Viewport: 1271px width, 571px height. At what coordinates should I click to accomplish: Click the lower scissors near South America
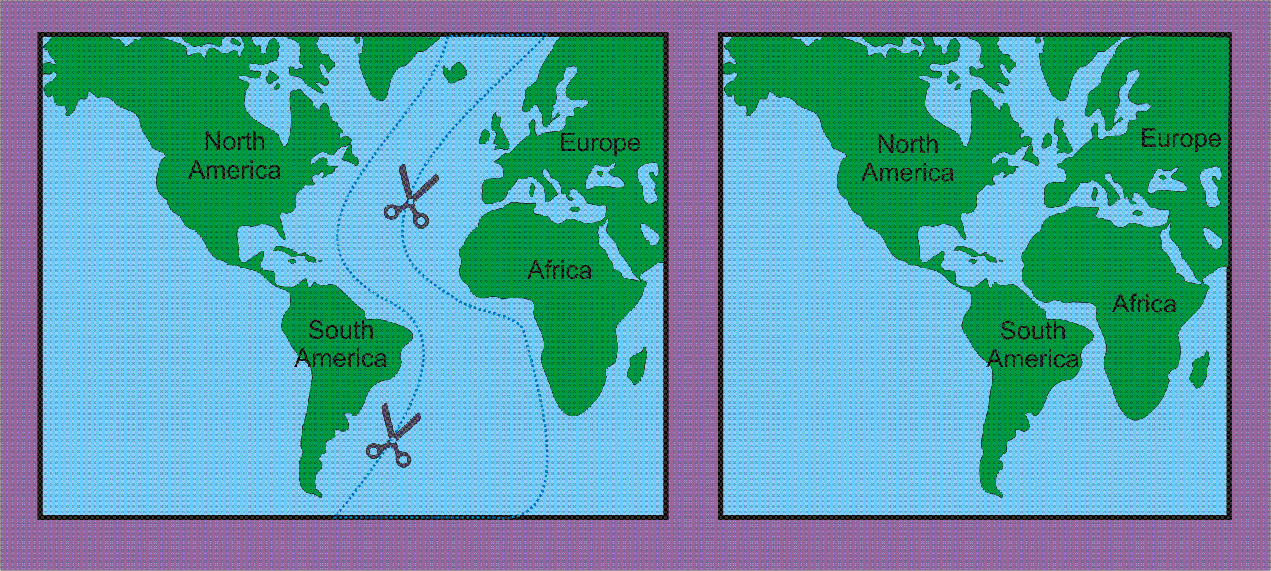(x=392, y=438)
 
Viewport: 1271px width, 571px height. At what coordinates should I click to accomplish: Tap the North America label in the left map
(x=235, y=155)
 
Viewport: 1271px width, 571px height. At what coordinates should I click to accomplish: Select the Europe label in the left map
(x=600, y=142)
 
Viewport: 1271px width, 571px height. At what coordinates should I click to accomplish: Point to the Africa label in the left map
(x=559, y=270)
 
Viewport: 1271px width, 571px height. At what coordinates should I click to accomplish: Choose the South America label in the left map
(x=340, y=344)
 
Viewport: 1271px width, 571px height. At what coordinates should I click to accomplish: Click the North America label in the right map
(x=908, y=158)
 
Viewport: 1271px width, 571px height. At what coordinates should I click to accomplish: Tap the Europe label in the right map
(x=1180, y=139)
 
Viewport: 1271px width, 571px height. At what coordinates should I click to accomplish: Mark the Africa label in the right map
(x=1143, y=304)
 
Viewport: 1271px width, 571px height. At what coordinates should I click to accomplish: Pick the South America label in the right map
(x=1032, y=345)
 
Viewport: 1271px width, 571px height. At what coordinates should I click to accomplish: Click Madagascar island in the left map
(x=637, y=365)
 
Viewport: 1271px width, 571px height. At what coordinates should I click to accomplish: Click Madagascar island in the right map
(x=1200, y=369)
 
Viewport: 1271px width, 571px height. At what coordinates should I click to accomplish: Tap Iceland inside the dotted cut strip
(x=453, y=73)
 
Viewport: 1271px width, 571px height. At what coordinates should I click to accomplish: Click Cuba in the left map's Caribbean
(x=291, y=252)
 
